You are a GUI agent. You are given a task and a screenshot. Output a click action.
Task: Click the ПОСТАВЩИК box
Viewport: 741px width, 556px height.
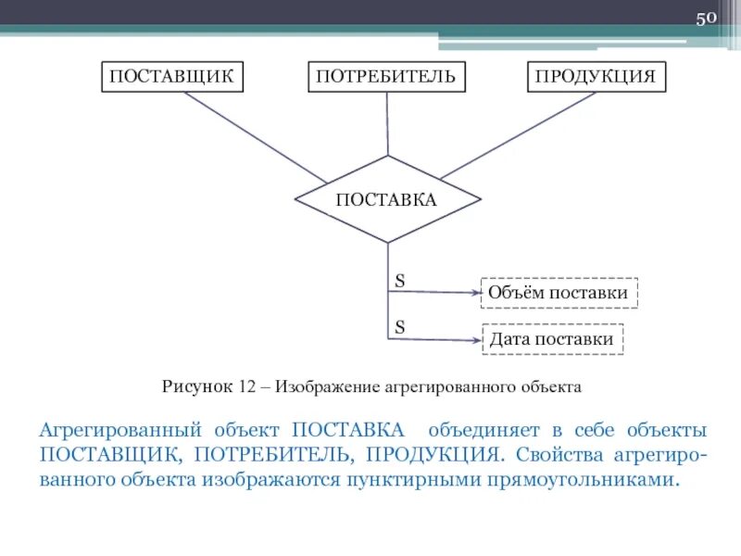click(x=172, y=76)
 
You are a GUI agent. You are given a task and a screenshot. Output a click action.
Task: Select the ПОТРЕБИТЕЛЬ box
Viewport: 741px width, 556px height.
click(x=386, y=76)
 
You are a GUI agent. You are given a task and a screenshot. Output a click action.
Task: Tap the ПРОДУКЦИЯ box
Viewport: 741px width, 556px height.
click(x=597, y=76)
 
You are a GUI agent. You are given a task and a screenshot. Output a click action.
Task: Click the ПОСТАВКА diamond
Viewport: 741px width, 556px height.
click(x=387, y=199)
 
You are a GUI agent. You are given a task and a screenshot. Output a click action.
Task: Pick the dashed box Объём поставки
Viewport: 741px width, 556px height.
click(x=559, y=294)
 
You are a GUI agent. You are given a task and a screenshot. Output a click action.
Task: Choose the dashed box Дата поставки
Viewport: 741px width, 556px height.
click(x=553, y=339)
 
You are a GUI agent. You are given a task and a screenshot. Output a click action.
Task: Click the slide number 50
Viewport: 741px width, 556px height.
click(x=707, y=19)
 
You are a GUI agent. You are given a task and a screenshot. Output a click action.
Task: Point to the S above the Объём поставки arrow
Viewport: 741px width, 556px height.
click(x=400, y=279)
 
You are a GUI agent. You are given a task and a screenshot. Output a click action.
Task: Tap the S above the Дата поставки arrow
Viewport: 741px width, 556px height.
click(x=400, y=326)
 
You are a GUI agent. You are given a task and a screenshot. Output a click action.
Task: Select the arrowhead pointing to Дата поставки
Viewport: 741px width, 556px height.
click(x=475, y=340)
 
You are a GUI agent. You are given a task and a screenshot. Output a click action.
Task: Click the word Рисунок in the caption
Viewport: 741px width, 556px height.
click(x=197, y=386)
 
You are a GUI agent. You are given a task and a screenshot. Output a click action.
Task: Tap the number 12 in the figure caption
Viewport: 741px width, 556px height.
click(x=246, y=386)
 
